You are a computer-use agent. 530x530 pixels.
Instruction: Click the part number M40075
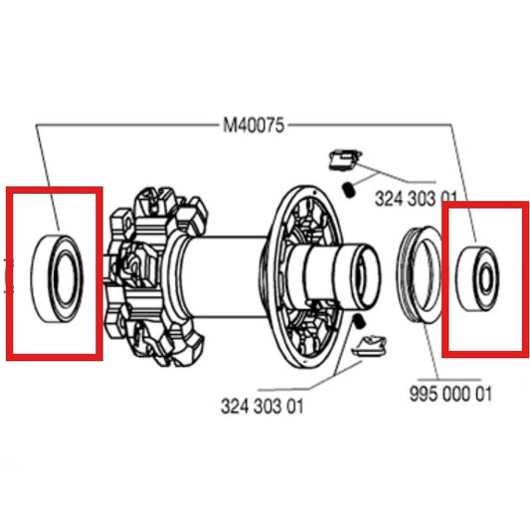click(253, 125)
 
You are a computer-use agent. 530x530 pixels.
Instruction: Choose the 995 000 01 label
click(450, 391)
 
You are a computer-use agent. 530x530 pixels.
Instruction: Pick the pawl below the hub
click(371, 347)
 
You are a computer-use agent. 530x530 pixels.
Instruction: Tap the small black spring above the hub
click(349, 187)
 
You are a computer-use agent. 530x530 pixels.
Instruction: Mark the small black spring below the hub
click(360, 322)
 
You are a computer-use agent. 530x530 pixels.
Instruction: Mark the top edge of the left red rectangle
click(55, 189)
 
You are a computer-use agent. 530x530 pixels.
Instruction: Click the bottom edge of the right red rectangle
click(485, 351)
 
